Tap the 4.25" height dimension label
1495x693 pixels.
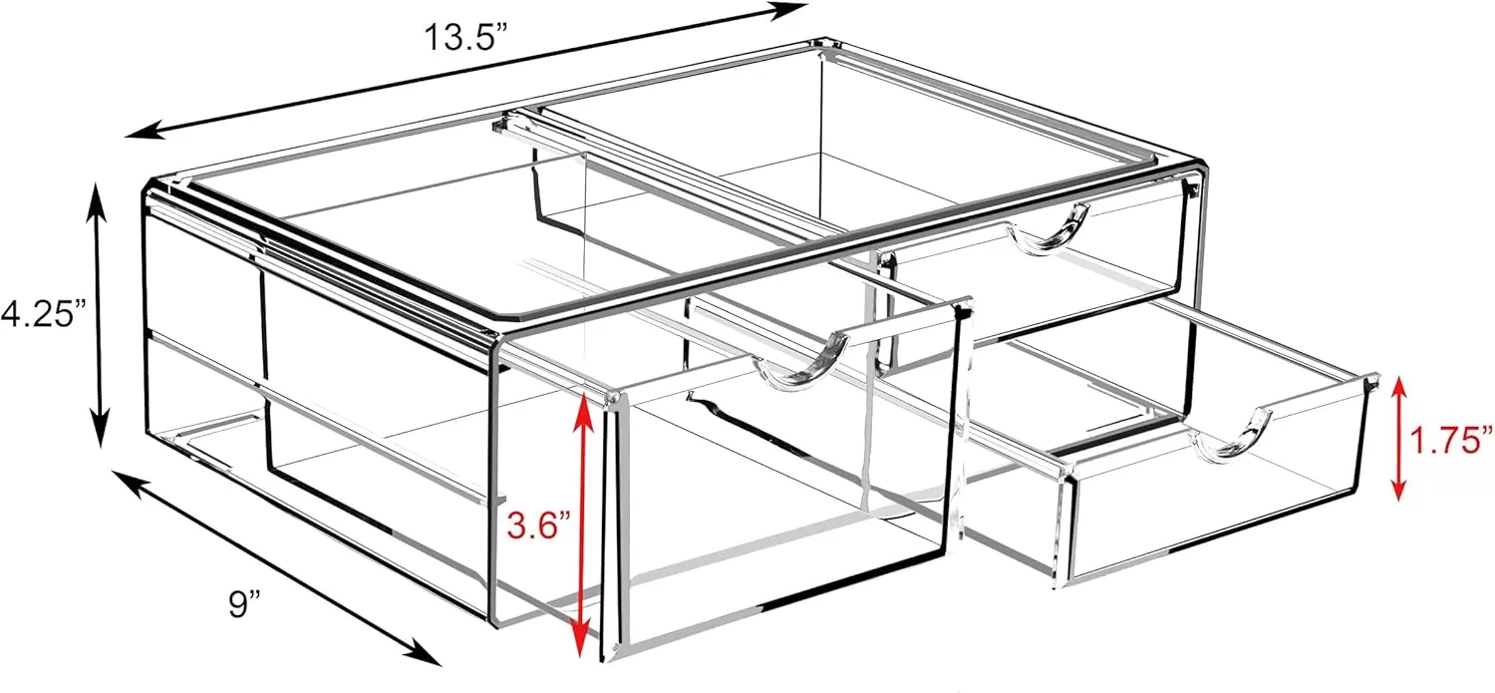tap(45, 312)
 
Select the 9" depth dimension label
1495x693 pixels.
tap(243, 603)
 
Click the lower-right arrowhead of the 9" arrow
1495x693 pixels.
tap(424, 653)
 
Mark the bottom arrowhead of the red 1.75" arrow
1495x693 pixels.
tap(1397, 487)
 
